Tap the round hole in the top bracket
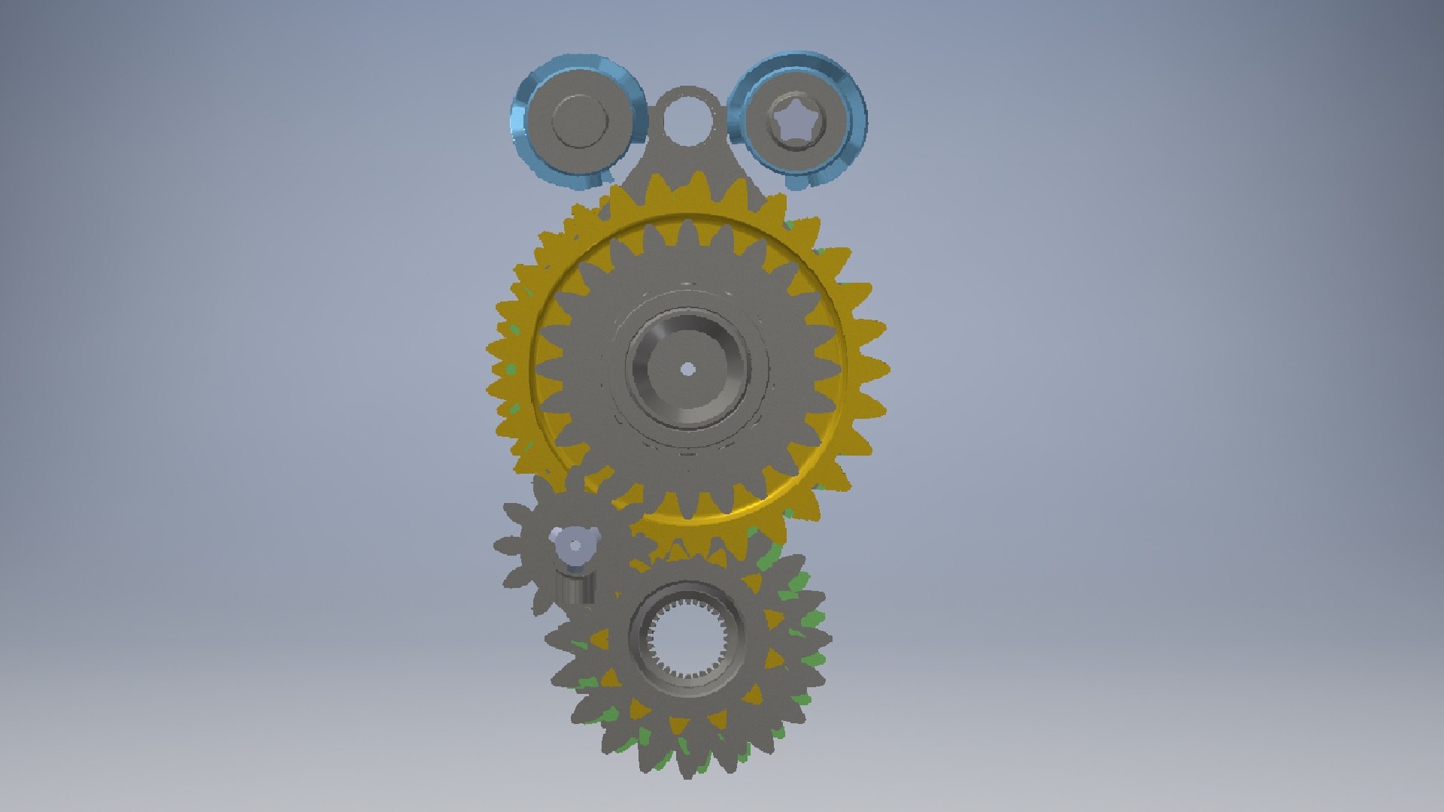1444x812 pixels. point(687,117)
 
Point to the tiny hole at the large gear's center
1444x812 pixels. point(687,369)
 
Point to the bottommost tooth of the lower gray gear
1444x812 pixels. point(687,767)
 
